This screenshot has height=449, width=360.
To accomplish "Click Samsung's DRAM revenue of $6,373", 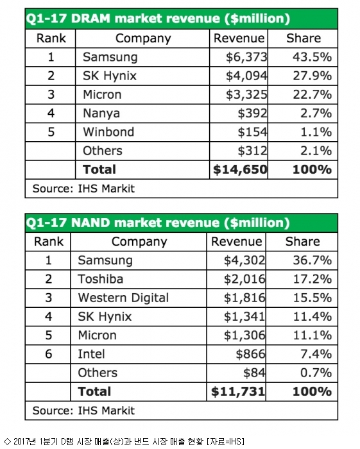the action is [x=246, y=57].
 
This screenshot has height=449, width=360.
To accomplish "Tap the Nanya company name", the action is [x=101, y=114].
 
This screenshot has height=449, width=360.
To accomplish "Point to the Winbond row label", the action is [x=108, y=132].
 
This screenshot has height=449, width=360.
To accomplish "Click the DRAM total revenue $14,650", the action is [x=240, y=169].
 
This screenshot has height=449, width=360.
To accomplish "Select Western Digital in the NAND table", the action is [x=123, y=298].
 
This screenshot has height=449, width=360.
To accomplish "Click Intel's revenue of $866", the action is [x=251, y=354].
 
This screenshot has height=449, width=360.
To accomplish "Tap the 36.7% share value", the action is [x=312, y=260].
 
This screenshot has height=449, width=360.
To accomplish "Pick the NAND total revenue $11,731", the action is [x=238, y=391].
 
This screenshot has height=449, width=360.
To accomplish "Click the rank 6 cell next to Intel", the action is [x=48, y=354].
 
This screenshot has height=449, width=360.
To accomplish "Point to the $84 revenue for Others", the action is [x=254, y=373].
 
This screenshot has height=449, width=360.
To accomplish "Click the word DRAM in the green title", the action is [x=90, y=19].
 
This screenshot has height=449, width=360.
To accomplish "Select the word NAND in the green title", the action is [x=90, y=223].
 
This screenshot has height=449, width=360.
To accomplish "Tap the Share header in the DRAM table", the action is [x=304, y=38].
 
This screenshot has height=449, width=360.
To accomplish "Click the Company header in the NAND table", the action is [x=139, y=242].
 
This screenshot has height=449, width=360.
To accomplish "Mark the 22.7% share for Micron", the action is [x=312, y=94].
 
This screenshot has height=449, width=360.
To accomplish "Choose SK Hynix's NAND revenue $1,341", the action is [x=244, y=316].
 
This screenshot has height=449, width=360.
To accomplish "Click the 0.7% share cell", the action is [x=316, y=373].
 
